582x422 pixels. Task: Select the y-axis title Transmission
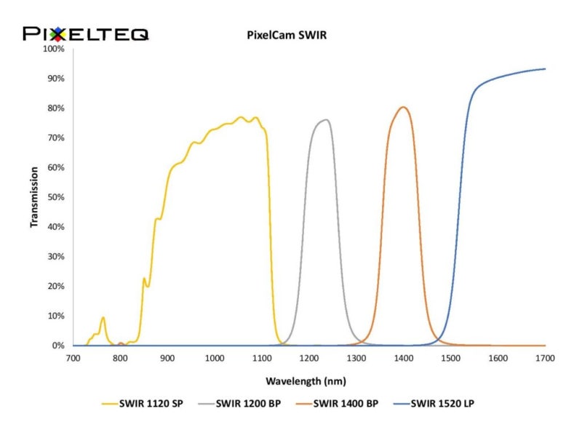coord(34,197)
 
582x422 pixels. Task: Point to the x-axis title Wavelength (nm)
coord(306,381)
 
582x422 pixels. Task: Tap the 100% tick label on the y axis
coord(55,49)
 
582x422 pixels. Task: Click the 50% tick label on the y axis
coord(56,197)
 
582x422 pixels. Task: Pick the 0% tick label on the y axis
coord(59,346)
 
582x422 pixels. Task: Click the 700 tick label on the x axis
coord(73,358)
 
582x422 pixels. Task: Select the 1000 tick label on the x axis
coord(215,358)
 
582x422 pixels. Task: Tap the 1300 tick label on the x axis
coord(356,358)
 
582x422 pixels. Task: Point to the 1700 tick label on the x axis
coord(545,358)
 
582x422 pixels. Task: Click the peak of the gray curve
coord(326,120)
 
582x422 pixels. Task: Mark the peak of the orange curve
coord(403,108)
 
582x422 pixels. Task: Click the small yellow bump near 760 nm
coord(103,318)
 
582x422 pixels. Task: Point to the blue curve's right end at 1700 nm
coord(544,69)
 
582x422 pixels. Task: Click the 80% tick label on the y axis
coord(56,108)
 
